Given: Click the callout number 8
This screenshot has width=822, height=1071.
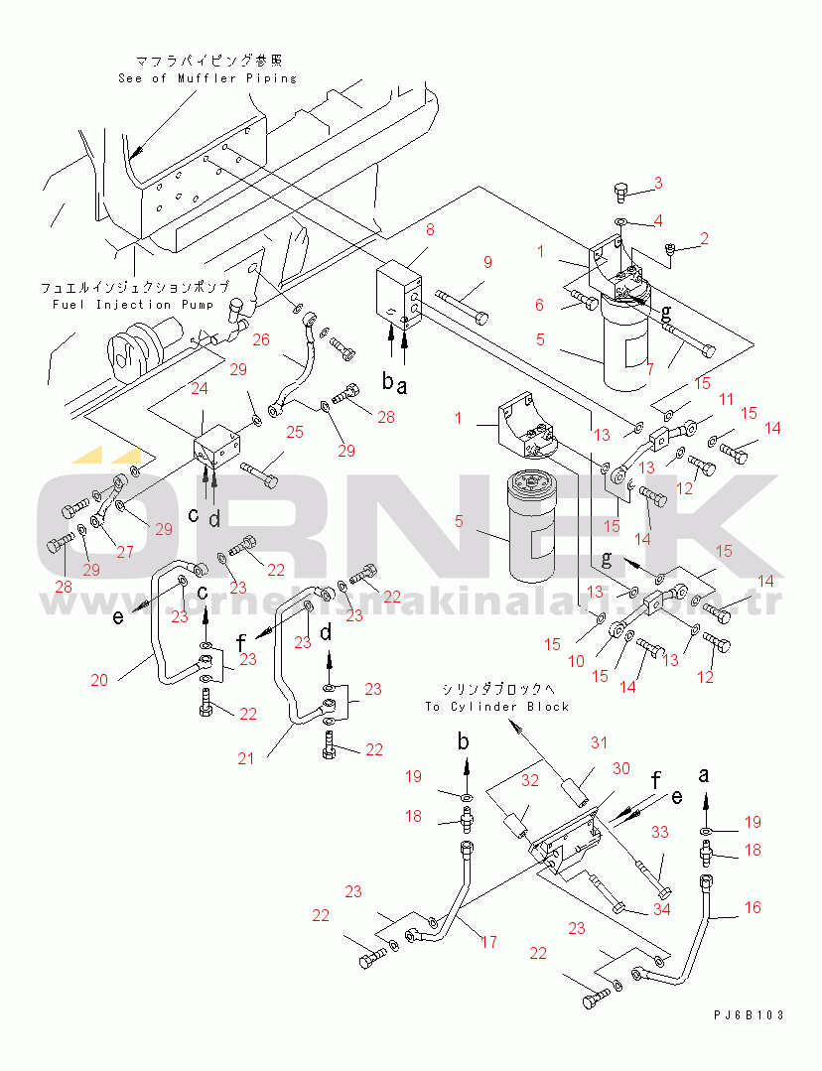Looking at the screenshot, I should pos(430,230).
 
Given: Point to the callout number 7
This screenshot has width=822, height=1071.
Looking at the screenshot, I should pos(650,369).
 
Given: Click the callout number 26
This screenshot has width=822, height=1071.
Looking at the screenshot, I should pos(261,339).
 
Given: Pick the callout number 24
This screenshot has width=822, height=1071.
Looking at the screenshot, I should pos(200,388).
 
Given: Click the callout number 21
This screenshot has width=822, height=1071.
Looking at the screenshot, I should pos(246,758).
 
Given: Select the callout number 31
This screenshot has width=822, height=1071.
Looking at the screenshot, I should pos(598,743).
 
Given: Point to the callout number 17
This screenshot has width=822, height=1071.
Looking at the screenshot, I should pos(488,942).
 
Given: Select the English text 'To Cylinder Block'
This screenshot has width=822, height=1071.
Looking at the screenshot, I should pos(497,707).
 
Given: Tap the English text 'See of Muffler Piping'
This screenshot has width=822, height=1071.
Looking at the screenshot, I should pos(206,78).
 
